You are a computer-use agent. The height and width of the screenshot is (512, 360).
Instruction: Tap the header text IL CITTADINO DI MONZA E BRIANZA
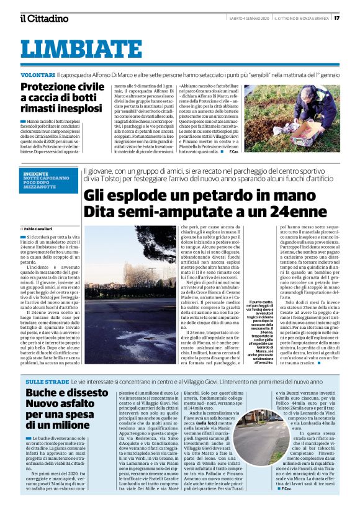click(x=301, y=17)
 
